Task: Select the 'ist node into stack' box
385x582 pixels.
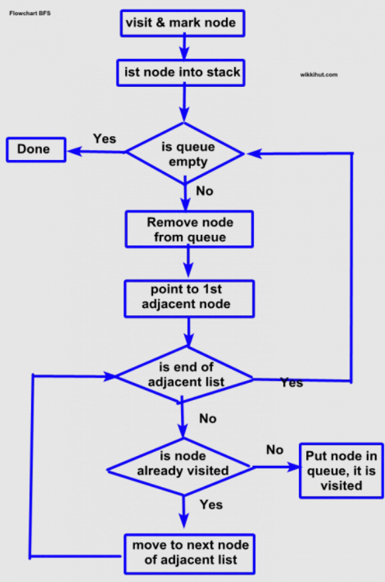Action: tap(182, 72)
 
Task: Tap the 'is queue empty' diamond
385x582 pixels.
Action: tap(185, 153)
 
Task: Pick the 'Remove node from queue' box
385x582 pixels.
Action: tap(190, 229)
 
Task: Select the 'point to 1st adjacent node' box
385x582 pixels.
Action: tap(190, 297)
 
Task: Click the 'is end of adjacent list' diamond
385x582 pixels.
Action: tap(185, 375)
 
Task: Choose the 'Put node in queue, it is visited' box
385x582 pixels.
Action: tap(340, 471)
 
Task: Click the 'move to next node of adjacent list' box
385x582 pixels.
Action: tap(190, 553)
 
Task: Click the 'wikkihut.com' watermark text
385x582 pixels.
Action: tap(319, 75)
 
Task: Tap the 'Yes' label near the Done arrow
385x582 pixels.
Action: tap(105, 139)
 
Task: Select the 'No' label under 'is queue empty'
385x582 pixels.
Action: tap(205, 191)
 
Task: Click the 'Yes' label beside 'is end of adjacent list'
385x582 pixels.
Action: tap(292, 383)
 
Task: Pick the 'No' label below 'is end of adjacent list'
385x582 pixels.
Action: tap(207, 419)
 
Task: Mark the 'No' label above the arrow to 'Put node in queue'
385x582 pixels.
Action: tap(274, 450)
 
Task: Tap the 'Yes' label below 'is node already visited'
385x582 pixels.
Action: tap(211, 505)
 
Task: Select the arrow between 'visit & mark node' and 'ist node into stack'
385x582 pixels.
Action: tap(184, 47)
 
